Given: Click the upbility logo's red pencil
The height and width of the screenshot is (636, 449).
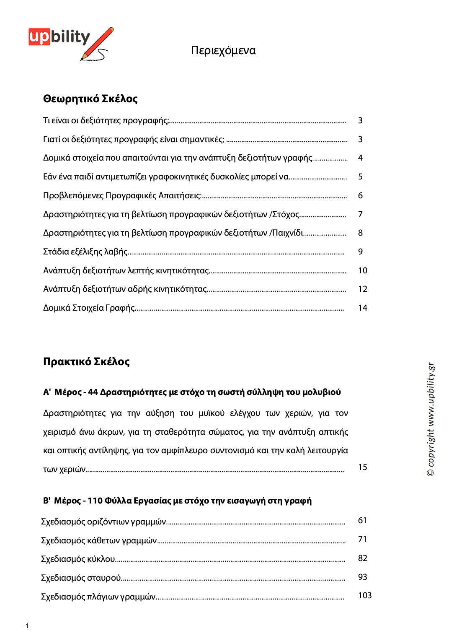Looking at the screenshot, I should click(99, 42).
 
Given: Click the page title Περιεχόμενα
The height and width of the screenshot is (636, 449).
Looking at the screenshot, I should click(223, 50).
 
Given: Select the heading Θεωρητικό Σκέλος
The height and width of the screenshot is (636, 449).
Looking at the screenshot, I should click(90, 99).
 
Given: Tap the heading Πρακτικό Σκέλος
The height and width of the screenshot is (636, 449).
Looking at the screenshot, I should click(86, 361).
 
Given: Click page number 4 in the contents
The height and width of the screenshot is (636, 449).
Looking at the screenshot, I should click(360, 158).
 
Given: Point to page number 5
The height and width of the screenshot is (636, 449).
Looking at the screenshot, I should click(360, 177).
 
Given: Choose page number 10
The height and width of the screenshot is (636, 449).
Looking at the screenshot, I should click(363, 271).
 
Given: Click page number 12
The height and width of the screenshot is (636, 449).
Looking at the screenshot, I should click(363, 289).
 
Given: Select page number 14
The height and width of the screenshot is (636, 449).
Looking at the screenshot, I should click(363, 308).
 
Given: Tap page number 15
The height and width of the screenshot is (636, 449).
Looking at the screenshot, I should click(363, 467).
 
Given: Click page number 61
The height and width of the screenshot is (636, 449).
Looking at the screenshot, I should click(362, 521).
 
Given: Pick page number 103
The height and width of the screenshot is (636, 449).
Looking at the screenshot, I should click(365, 596).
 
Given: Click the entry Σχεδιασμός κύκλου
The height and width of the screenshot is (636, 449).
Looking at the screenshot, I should click(78, 559).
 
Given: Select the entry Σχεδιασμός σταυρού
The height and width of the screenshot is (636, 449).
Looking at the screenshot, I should click(81, 578).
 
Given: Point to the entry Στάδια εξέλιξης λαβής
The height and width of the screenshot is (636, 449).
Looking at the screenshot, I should click(85, 252).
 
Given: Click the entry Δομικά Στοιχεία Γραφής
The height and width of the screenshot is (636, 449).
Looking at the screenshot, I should click(89, 308).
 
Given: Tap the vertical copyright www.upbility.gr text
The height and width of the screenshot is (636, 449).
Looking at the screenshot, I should click(431, 419).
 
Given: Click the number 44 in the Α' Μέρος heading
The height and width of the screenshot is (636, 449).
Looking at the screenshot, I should click(93, 392).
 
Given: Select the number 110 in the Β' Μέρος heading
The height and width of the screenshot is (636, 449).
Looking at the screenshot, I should click(95, 501).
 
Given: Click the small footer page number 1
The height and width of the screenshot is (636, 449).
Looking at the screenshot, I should click(27, 626).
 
